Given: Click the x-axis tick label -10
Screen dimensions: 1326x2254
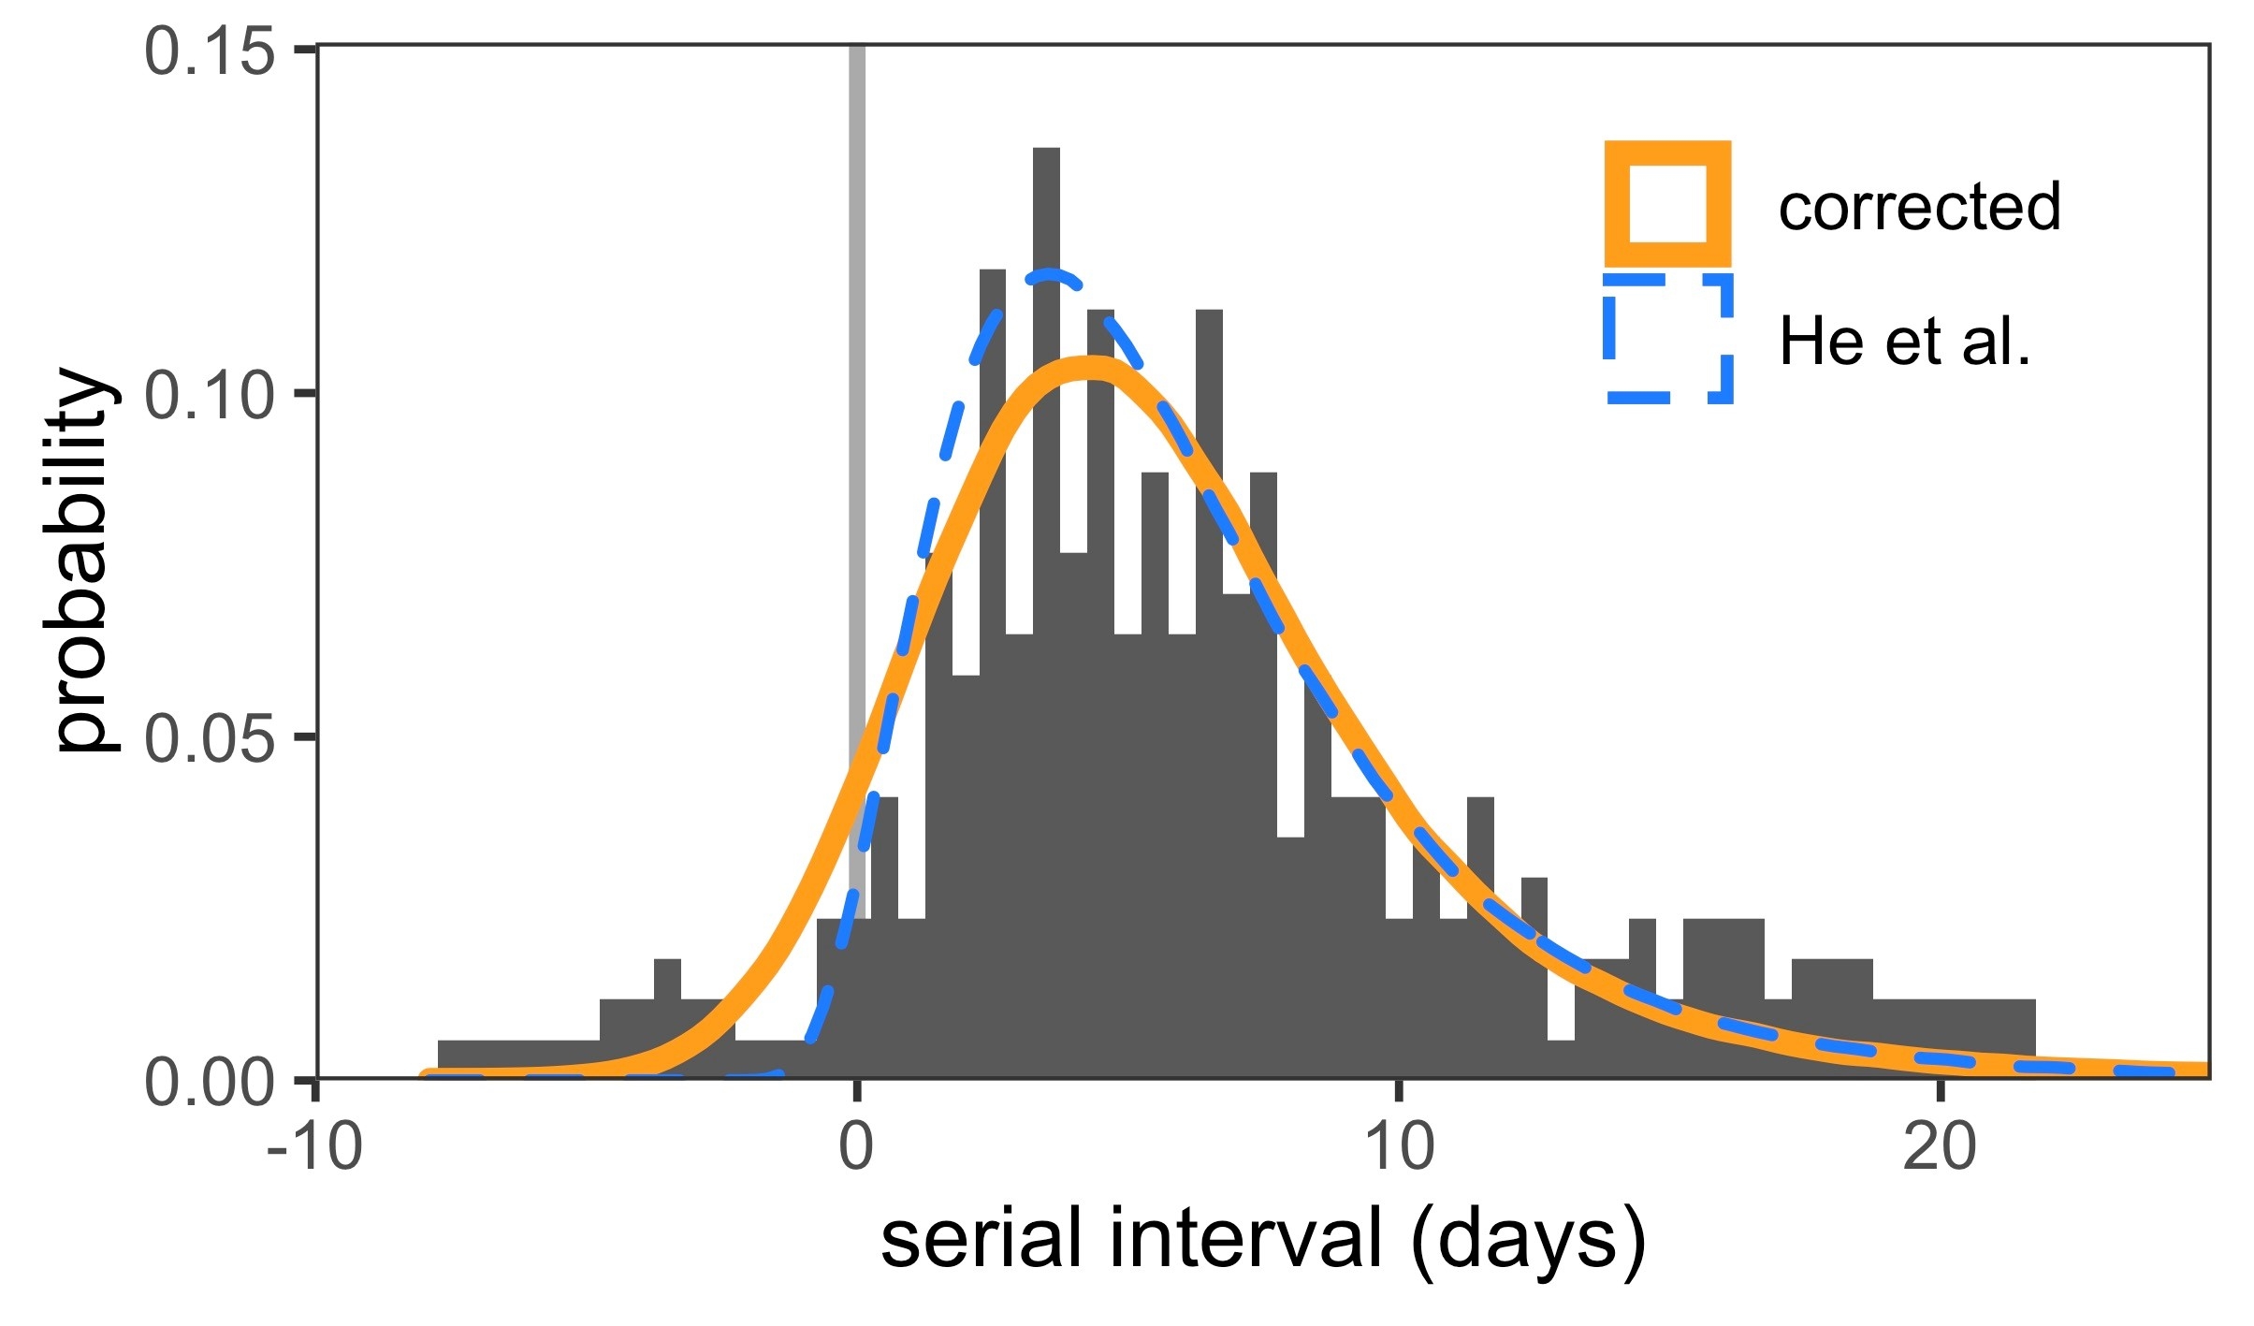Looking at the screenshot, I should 314,1147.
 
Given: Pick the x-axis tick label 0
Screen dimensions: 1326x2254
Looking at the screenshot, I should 856,1147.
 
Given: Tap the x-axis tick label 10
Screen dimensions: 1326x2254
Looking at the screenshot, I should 1399,1147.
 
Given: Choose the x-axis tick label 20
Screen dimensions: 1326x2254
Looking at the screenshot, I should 1940,1147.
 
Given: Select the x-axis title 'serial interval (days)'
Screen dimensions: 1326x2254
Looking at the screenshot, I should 1263,1238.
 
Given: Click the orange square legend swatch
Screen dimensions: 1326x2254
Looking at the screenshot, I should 1667,204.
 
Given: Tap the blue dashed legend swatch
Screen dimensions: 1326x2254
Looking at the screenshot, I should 1667,340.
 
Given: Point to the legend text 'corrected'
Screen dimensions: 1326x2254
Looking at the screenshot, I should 1919,206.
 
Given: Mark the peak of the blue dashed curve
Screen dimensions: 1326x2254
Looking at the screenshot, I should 1052,276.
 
